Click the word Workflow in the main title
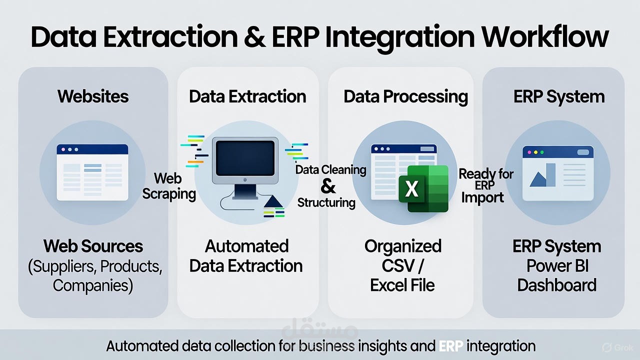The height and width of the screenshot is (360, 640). pyautogui.click(x=544, y=36)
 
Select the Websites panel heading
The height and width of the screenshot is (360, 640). pyautogui.click(x=93, y=96)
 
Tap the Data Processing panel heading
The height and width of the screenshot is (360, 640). pyautogui.click(x=405, y=96)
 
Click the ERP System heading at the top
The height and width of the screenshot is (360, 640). pyautogui.click(x=558, y=96)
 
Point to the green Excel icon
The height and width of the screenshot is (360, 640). pyautogui.click(x=423, y=188)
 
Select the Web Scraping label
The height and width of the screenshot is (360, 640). pyautogui.click(x=168, y=185)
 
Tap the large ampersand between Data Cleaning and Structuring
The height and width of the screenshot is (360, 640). pyautogui.click(x=328, y=186)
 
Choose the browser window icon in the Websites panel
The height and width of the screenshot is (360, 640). pyautogui.click(x=92, y=172)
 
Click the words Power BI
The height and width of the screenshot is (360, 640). pyautogui.click(x=557, y=265)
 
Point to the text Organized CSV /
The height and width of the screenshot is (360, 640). pyautogui.click(x=402, y=255)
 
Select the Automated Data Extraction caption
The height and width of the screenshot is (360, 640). pyautogui.click(x=246, y=255)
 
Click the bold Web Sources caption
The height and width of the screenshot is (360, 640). pyautogui.click(x=93, y=246)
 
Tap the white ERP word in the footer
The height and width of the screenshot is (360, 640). pyautogui.click(x=450, y=346)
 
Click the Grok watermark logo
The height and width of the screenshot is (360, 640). pyautogui.click(x=618, y=347)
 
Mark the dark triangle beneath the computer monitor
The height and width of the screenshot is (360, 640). pyautogui.click(x=273, y=202)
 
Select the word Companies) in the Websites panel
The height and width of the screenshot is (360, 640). pyautogui.click(x=93, y=285)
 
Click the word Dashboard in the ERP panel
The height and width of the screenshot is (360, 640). pyautogui.click(x=556, y=285)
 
